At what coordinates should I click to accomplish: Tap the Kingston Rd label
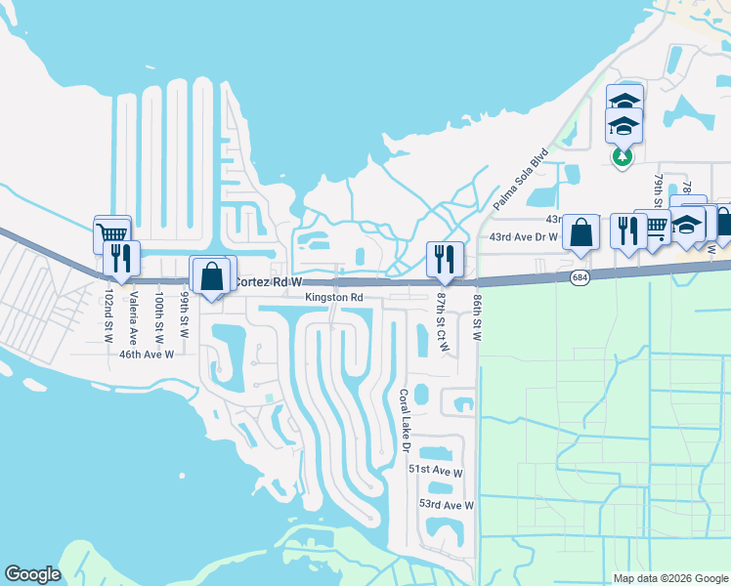tap(333, 297)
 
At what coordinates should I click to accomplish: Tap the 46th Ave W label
tap(146, 356)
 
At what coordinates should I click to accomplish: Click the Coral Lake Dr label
tap(403, 421)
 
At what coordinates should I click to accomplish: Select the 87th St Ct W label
tap(442, 320)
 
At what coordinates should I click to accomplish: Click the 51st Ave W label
tap(434, 472)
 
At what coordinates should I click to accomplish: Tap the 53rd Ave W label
tap(446, 505)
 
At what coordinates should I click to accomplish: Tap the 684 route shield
tap(580, 278)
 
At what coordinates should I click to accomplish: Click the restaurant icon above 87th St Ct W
tap(444, 258)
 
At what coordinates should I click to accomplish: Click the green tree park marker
tap(621, 155)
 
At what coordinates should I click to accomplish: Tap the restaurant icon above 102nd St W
tap(121, 258)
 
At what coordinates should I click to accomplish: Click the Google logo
tap(32, 574)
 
